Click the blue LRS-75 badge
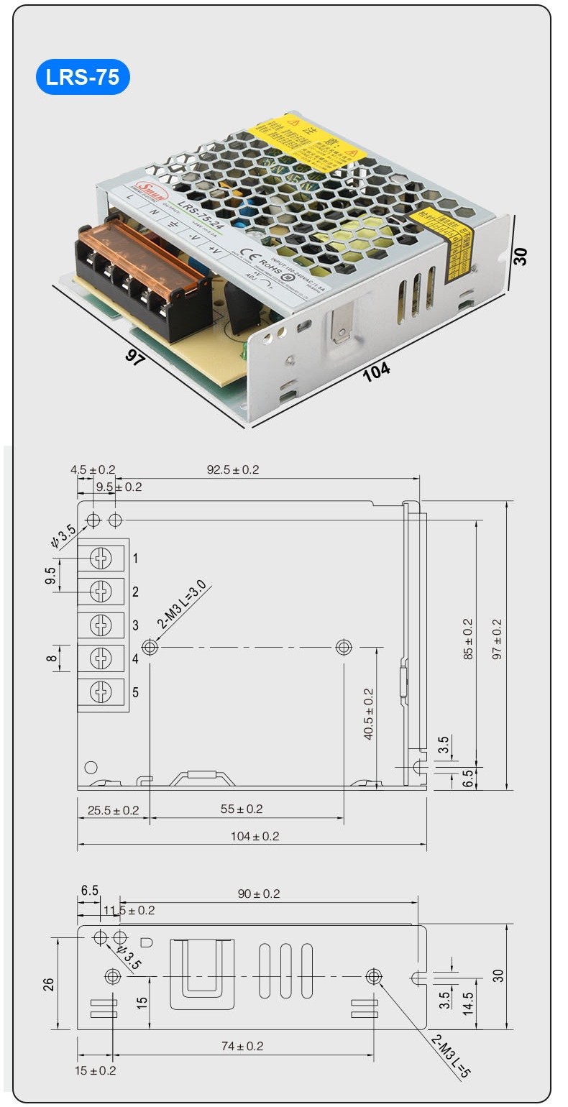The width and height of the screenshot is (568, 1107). [83, 78]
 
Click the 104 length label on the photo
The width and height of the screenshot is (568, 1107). [376, 370]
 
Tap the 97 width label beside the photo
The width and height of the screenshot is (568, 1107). [134, 358]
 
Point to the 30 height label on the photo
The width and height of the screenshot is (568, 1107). [521, 257]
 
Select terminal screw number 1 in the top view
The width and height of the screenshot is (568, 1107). [101, 557]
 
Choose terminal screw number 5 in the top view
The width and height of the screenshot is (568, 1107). [101, 692]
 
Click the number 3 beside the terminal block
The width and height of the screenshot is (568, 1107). [135, 625]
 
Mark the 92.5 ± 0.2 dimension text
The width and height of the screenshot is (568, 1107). [233, 470]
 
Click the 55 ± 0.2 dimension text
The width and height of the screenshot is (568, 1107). [241, 809]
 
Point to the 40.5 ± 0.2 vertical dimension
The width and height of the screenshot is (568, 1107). [368, 714]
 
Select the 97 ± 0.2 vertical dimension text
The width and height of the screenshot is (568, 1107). [497, 638]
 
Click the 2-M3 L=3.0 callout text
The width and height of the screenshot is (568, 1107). [183, 606]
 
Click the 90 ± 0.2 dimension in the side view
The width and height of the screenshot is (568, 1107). [259, 894]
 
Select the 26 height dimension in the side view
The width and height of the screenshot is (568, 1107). [49, 983]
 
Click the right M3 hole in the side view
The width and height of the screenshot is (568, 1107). [373, 976]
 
